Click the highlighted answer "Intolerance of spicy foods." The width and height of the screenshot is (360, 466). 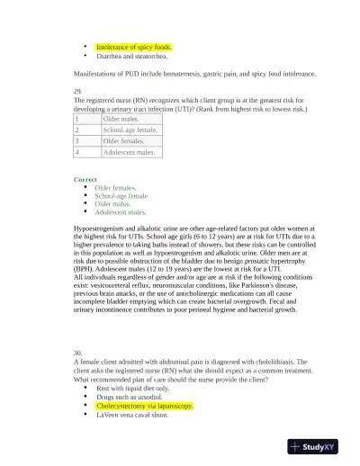(133, 46)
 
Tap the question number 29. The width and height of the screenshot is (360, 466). (77, 92)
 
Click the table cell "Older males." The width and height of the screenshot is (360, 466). (121, 119)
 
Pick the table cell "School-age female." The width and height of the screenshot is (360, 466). (130, 130)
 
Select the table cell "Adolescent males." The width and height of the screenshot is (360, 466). (129, 152)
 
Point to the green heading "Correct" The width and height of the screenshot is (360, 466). (85, 179)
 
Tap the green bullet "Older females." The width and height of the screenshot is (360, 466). (115, 188)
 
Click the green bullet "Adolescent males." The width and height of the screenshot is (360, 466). (121, 212)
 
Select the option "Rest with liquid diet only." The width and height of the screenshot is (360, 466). (132, 389)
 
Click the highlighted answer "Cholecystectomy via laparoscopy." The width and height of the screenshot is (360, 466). (144, 406)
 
